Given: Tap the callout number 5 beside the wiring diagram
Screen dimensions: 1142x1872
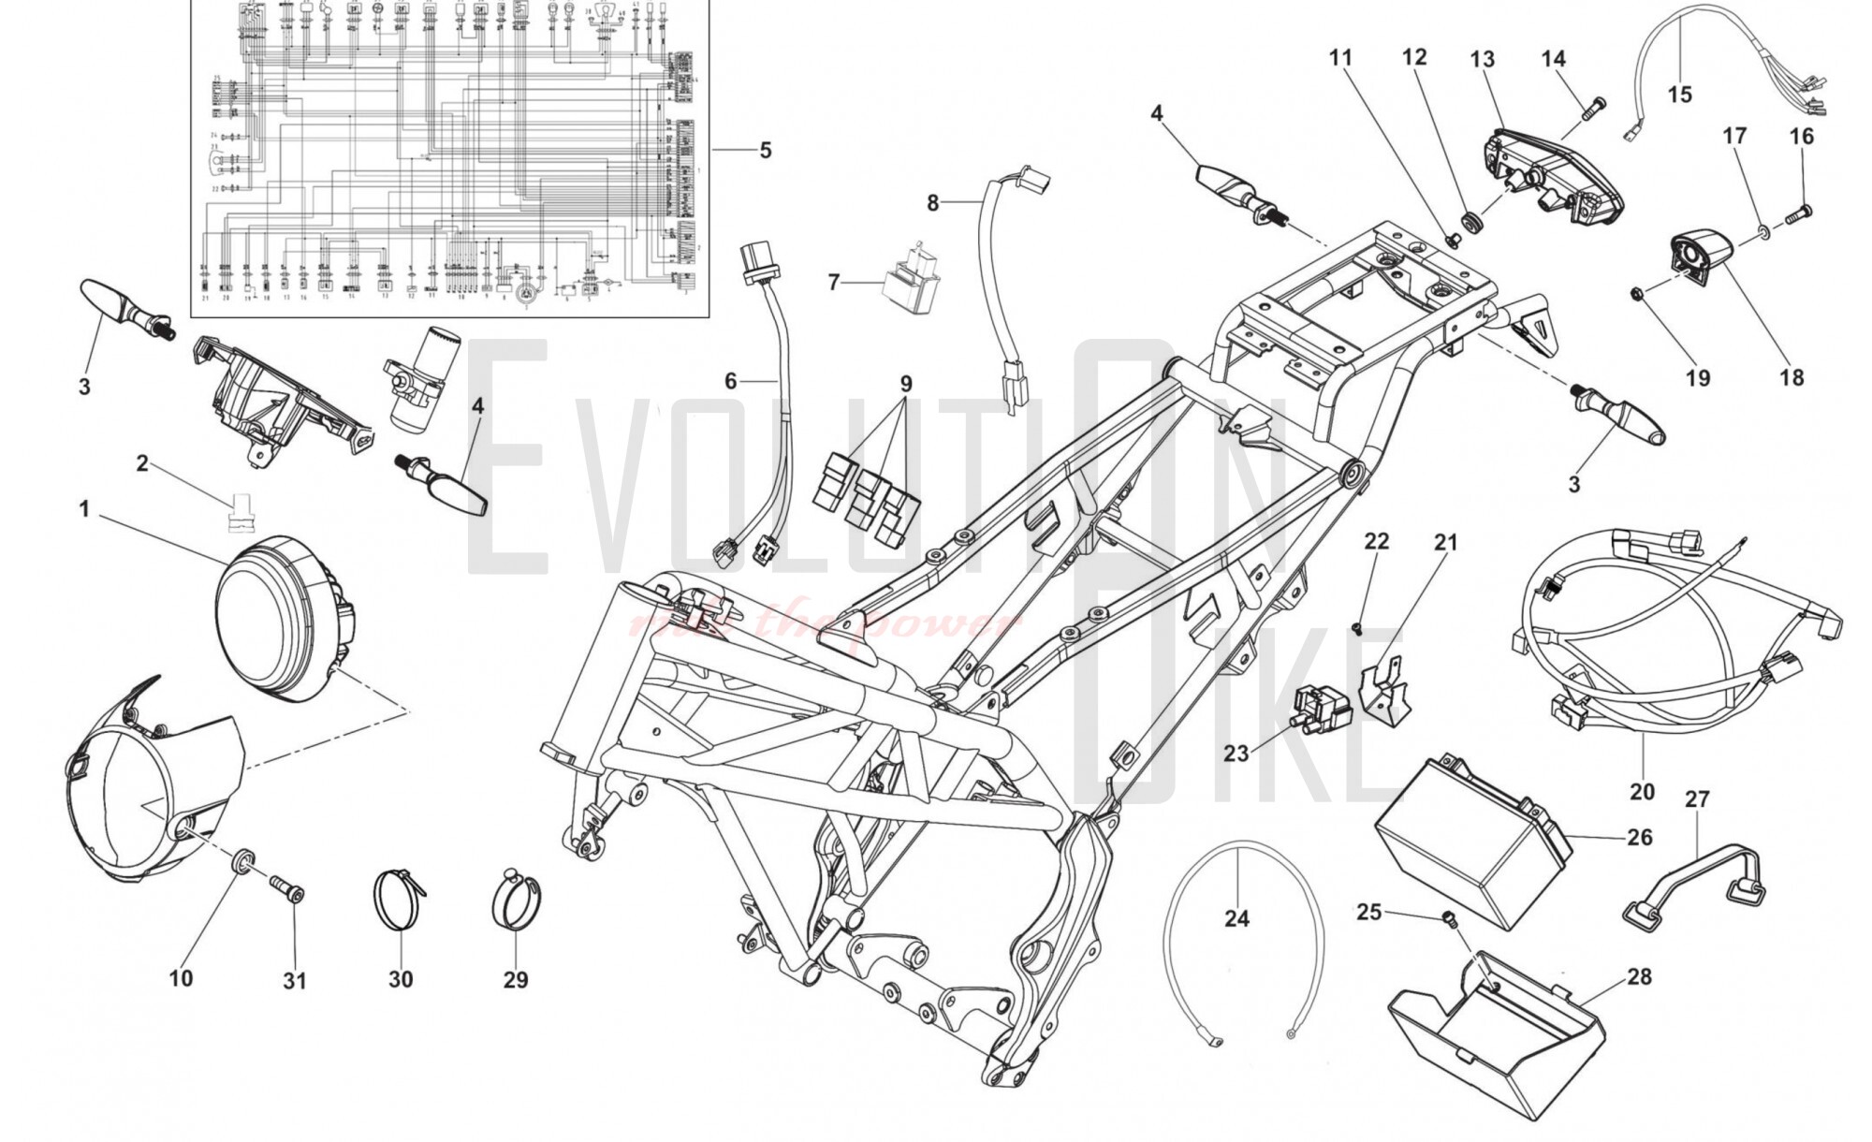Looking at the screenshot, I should (766, 150).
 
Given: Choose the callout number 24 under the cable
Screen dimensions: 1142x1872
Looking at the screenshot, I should (1236, 918).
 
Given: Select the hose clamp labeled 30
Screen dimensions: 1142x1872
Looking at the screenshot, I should (400, 899).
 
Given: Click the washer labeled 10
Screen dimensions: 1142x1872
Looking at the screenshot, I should (241, 860).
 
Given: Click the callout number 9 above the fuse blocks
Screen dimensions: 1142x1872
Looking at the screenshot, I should (906, 384).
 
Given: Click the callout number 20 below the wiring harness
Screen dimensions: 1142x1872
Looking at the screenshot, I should (1642, 792).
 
